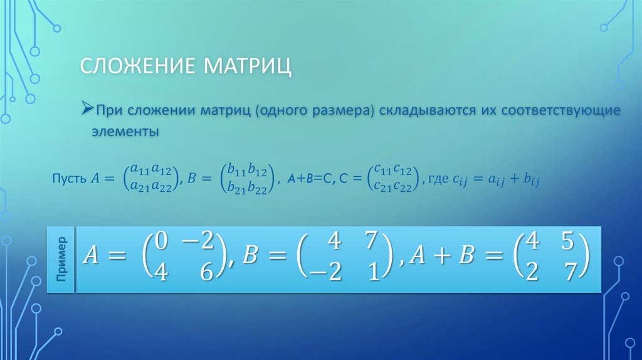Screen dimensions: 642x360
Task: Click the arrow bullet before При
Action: [87, 108]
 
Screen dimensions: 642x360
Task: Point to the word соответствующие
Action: [560, 111]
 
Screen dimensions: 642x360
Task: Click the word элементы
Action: [125, 132]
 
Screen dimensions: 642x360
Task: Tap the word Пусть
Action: [69, 179]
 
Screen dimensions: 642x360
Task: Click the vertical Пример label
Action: [61, 259]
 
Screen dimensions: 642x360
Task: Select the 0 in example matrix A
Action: [161, 241]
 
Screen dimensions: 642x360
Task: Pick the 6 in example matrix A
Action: [207, 272]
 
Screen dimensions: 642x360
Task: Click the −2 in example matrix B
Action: [325, 272]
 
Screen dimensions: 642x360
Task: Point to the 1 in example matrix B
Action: [374, 272]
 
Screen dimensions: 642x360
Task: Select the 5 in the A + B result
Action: [568, 241]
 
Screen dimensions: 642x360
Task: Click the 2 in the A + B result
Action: [532, 272]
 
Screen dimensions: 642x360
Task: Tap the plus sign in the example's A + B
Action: [441, 255]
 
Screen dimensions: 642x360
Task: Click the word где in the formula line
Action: [438, 179]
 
